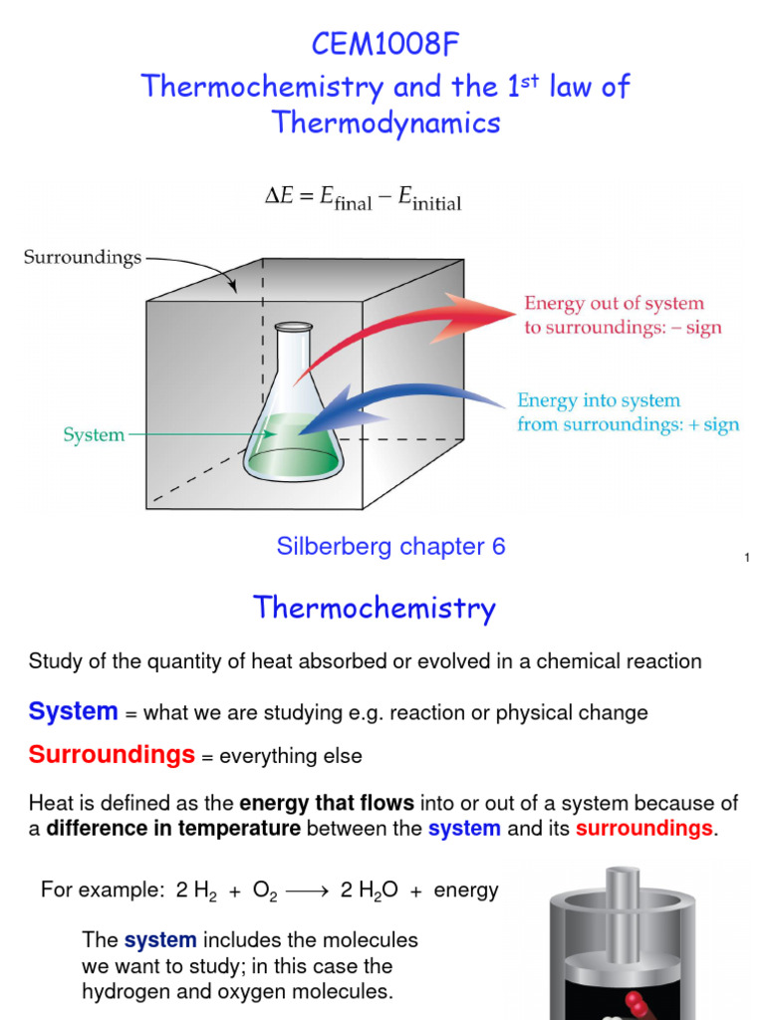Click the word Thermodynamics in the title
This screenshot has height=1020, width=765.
[386, 123]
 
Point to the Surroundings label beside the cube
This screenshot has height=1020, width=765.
[83, 258]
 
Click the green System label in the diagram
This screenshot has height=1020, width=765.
[94, 434]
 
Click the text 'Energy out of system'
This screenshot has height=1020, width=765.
[614, 304]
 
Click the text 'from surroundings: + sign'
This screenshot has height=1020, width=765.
[628, 425]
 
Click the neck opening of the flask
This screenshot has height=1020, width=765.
[294, 328]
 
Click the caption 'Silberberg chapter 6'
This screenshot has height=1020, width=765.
[390, 546]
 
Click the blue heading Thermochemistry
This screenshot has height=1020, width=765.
[374, 608]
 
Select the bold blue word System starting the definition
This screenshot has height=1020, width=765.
[74, 711]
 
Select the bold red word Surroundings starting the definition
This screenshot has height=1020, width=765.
[112, 755]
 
